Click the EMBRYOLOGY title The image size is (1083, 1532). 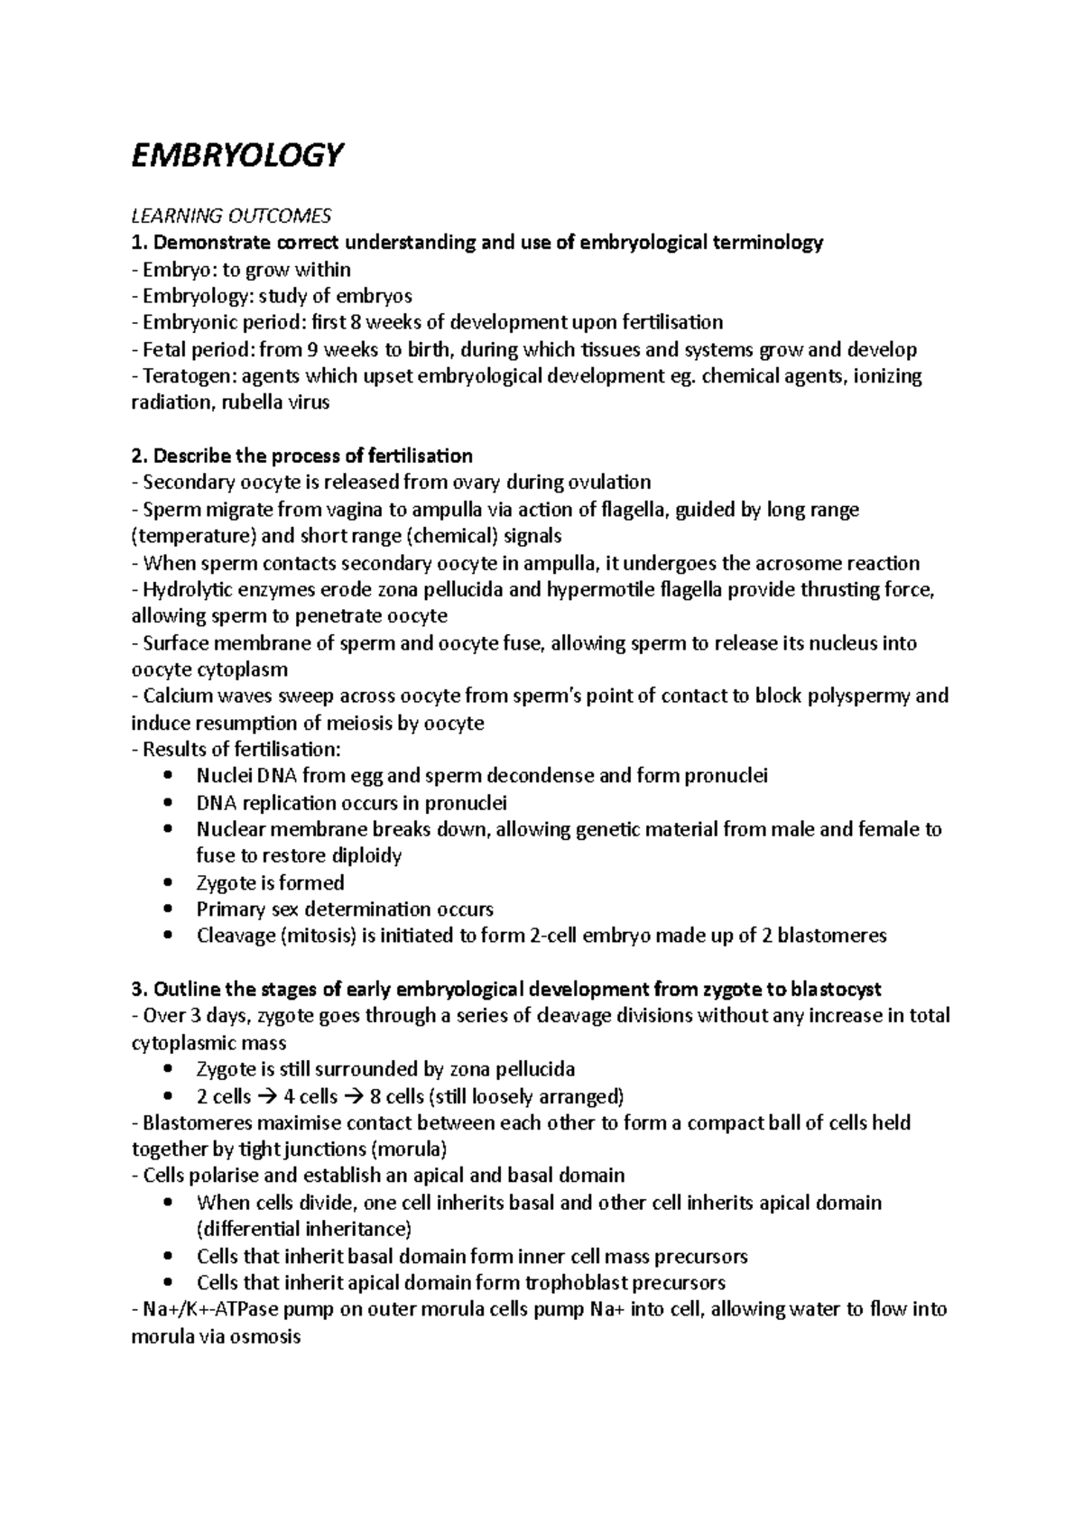click(x=237, y=155)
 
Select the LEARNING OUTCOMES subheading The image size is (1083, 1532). click(x=231, y=216)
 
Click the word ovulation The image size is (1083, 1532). click(x=602, y=483)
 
